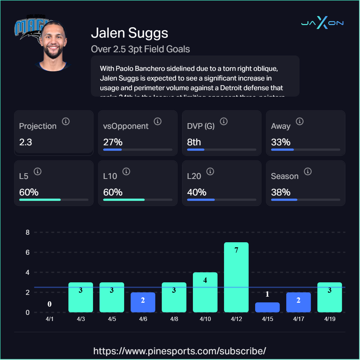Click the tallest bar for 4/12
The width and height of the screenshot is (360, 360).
point(236,277)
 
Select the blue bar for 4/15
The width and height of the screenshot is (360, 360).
point(267,307)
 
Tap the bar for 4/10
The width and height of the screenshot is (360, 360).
point(205,292)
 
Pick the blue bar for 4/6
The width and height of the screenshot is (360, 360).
point(143,302)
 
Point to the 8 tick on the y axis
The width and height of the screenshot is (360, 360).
point(28,232)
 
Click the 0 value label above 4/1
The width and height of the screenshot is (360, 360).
point(50,304)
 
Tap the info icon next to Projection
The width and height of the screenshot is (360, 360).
point(65,121)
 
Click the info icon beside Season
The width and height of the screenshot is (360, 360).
point(308,171)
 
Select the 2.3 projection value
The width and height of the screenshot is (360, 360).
point(26,142)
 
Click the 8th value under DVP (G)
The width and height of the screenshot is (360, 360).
point(194,142)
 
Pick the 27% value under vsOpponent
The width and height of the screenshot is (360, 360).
point(110,142)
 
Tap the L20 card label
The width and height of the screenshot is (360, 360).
point(194,176)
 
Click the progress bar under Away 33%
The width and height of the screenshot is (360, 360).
point(305,150)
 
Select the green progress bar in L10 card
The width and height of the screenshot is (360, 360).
point(124,200)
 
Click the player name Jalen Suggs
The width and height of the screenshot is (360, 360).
point(130,33)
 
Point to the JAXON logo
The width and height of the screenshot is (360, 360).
point(322,23)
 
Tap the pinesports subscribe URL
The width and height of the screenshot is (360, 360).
point(180,350)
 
